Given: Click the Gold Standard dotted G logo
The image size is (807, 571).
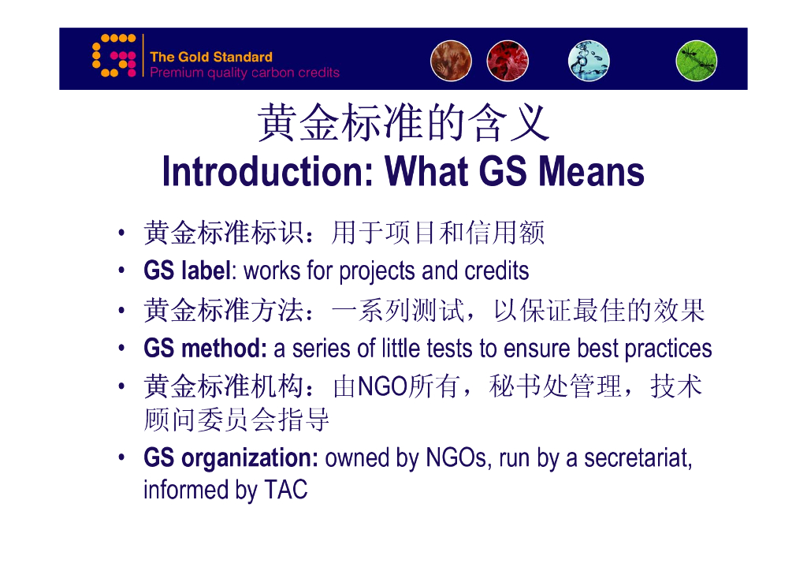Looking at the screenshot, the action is pyautogui.click(x=113, y=56).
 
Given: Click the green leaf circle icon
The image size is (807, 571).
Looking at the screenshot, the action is pyautogui.click(x=697, y=61).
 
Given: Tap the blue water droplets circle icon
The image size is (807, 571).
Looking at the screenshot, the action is pyautogui.click(x=589, y=61).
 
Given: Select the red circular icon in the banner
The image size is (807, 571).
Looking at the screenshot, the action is pyautogui.click(x=508, y=61).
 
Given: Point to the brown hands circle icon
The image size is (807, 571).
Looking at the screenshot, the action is pyautogui.click(x=451, y=61).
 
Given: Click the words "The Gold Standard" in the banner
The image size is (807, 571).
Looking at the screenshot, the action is pyautogui.click(x=211, y=57).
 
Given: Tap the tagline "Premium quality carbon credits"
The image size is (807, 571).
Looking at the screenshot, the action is pyautogui.click(x=244, y=73).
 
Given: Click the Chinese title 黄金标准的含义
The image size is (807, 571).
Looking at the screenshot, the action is pyautogui.click(x=403, y=122).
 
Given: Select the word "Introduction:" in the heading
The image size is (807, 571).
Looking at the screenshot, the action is pyautogui.click(x=268, y=171).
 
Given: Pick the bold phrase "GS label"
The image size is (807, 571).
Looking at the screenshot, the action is pyautogui.click(x=188, y=271).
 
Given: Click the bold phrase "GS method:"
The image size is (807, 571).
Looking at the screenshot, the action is pyautogui.click(x=205, y=349).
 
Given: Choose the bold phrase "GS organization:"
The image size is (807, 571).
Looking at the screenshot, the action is pyautogui.click(x=231, y=458).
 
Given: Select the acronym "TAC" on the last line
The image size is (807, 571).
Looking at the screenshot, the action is pyautogui.click(x=285, y=490).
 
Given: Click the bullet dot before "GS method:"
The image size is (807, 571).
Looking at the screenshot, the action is pyautogui.click(x=121, y=349).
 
